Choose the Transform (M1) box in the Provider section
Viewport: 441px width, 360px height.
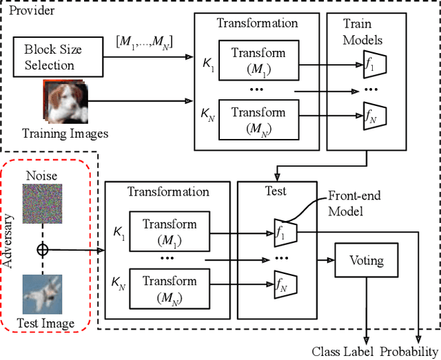tap(258, 61)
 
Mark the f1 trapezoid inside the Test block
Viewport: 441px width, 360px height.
tap(283, 232)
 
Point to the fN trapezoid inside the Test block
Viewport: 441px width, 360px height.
tap(283, 284)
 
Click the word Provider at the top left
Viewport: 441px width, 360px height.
tap(30, 11)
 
